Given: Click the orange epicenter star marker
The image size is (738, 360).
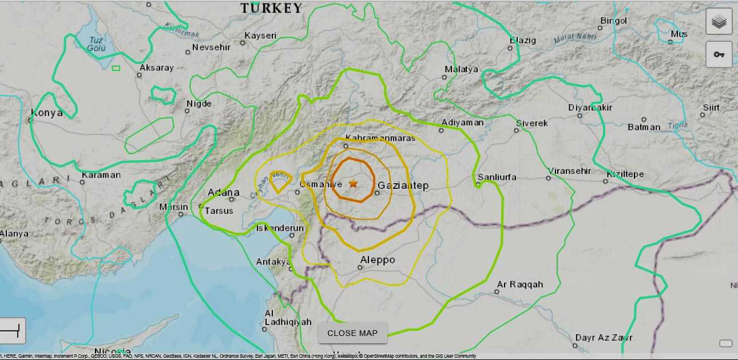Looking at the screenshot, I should pyautogui.click(x=353, y=184).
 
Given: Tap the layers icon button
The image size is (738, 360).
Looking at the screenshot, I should pyautogui.click(x=719, y=23).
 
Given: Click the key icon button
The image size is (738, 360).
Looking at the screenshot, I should pyautogui.click(x=719, y=54).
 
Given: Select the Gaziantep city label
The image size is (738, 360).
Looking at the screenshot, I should pyautogui.click(x=403, y=185).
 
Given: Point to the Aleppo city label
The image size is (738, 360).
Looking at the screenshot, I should pyautogui.click(x=377, y=260).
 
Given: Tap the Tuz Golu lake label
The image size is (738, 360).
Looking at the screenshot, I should pyautogui.click(x=97, y=44).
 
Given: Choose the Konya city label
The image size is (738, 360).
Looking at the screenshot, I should pyautogui.click(x=47, y=113).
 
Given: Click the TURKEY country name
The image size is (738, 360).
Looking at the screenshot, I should pyautogui.click(x=271, y=8).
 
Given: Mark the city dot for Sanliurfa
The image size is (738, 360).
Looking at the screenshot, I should pyautogui.click(x=478, y=185).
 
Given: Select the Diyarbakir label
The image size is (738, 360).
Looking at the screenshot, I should pyautogui.click(x=590, y=108).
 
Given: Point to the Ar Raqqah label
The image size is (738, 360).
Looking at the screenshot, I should pyautogui.click(x=519, y=284).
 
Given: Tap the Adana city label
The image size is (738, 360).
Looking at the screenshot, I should pyautogui.click(x=223, y=192).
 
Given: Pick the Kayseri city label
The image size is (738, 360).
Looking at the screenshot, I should pyautogui.click(x=260, y=35).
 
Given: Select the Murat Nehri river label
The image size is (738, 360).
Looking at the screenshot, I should pyautogui.click(x=574, y=39).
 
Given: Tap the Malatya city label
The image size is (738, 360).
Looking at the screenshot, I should pyautogui.click(x=461, y=69).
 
